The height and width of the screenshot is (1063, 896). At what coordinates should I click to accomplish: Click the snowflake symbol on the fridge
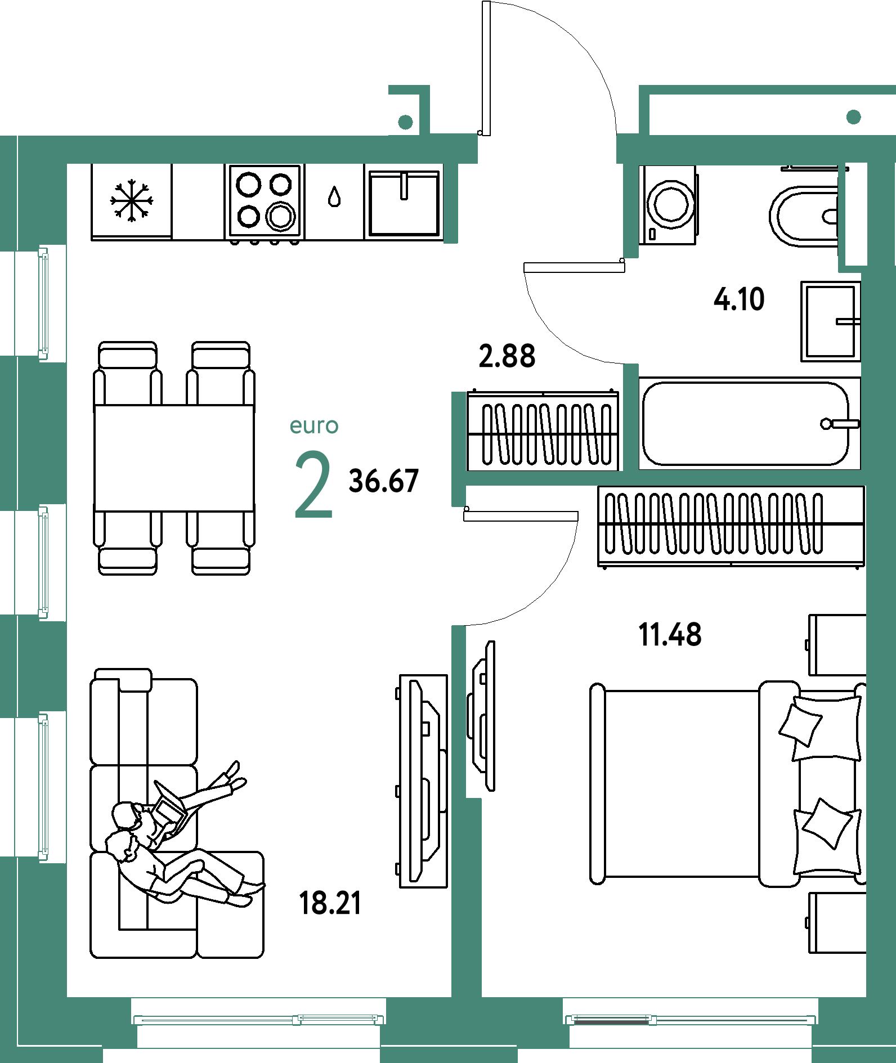(132, 200)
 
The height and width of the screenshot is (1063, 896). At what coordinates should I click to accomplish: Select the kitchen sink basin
(404, 203)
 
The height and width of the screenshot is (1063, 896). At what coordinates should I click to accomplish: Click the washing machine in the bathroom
(668, 205)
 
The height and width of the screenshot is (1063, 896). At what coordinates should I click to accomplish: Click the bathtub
(746, 424)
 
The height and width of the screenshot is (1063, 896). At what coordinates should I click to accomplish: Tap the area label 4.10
(739, 299)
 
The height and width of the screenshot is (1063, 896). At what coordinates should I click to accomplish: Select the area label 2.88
(507, 356)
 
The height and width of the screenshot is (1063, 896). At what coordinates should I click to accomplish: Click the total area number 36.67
(384, 481)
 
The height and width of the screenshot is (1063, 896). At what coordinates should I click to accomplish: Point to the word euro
(314, 426)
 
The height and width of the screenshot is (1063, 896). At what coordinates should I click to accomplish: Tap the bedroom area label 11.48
(670, 635)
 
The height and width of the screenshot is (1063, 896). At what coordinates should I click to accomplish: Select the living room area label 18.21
(330, 903)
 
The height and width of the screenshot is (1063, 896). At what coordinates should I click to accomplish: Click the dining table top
(174, 458)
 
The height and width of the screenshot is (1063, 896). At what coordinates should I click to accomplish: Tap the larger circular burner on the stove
(280, 216)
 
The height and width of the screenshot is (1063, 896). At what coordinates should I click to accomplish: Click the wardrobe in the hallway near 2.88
(543, 430)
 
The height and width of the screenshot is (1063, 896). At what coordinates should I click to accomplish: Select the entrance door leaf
(486, 68)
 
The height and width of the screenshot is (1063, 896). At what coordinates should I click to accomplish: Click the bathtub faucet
(839, 424)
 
